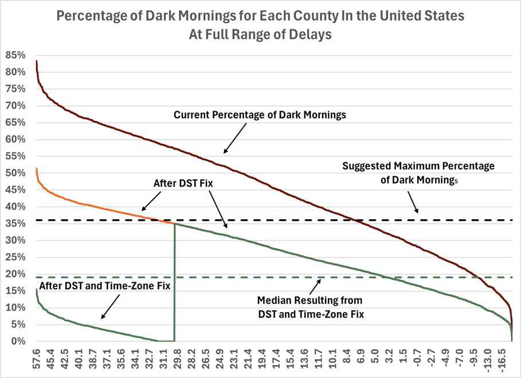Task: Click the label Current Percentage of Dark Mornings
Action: point(260,115)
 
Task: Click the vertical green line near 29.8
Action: point(174,287)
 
